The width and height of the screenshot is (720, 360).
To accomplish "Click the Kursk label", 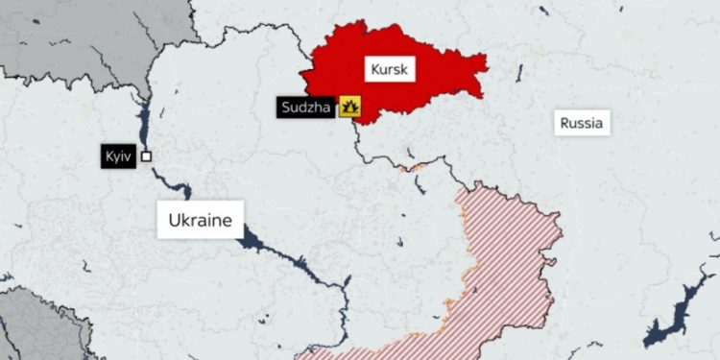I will pyautogui.click(x=389, y=68).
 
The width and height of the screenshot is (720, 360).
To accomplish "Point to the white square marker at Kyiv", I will pyautogui.click(x=146, y=156).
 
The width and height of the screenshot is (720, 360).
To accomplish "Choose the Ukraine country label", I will pyautogui.click(x=201, y=221).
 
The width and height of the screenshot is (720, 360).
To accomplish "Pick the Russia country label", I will pyautogui.click(x=582, y=123).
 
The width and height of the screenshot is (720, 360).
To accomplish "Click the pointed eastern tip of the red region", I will pyautogui.click(x=486, y=68).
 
